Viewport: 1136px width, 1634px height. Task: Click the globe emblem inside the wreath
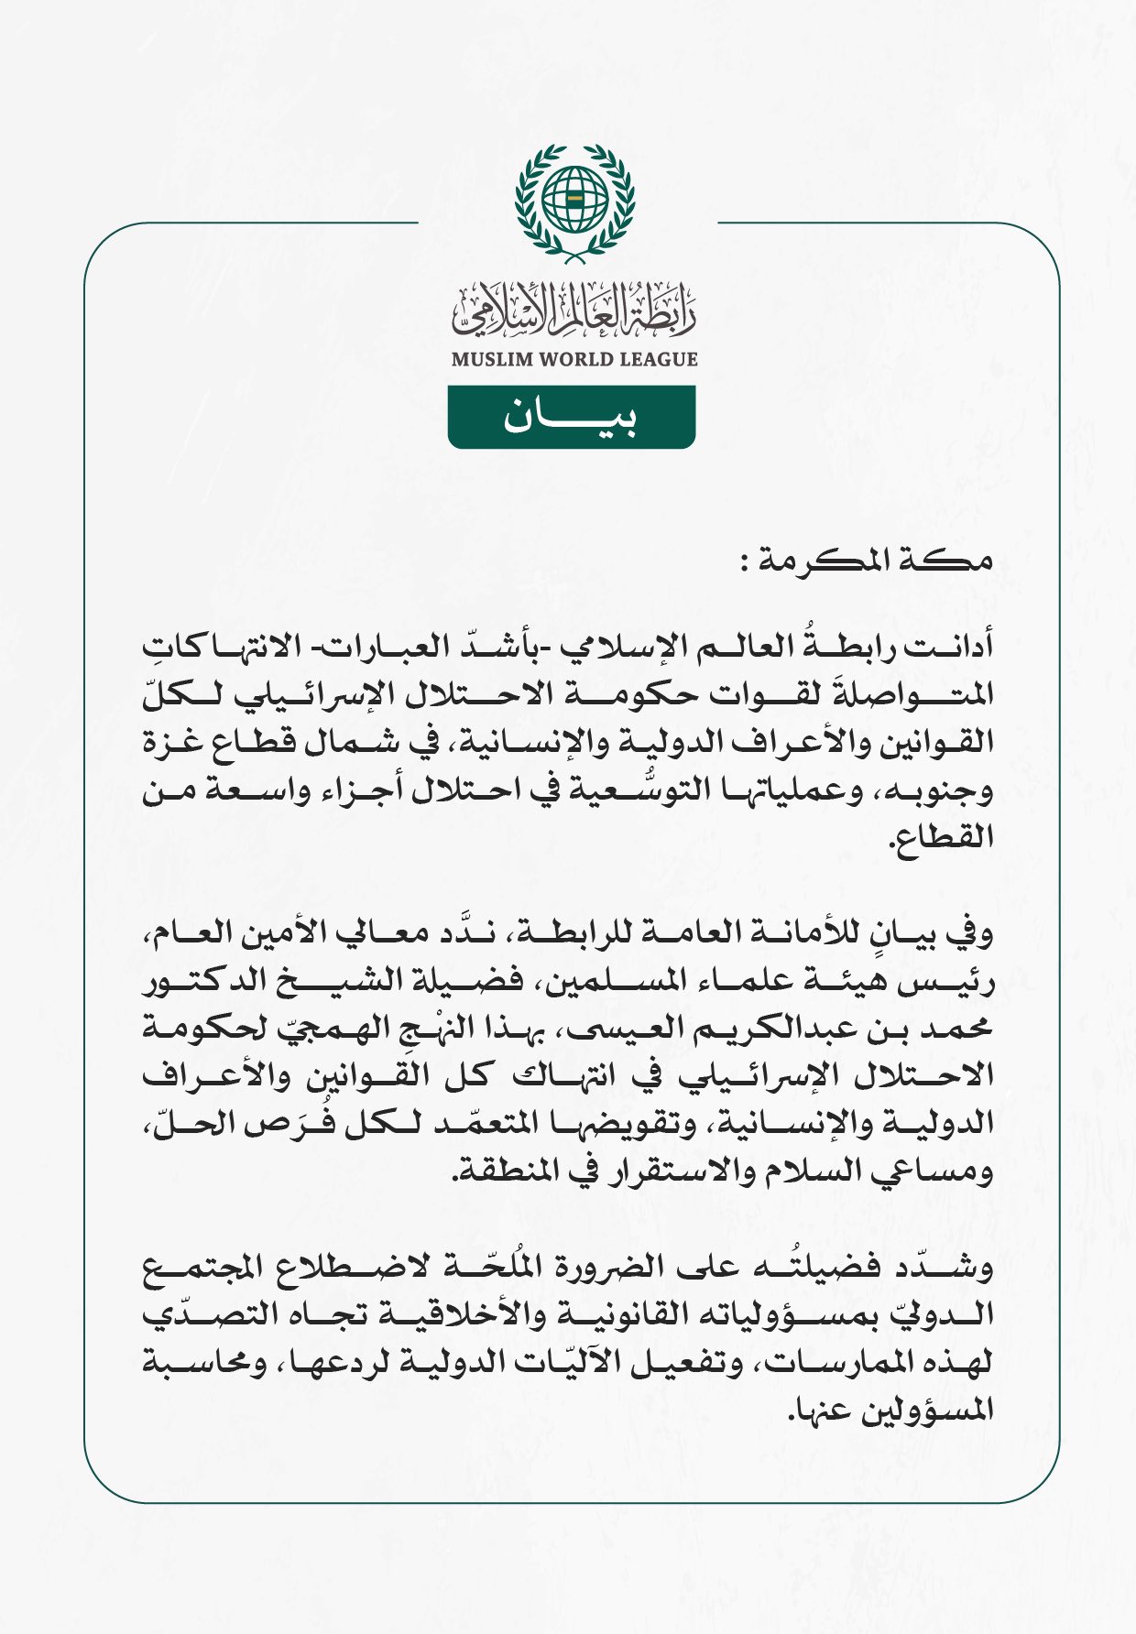tap(574, 199)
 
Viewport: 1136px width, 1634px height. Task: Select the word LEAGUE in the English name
tap(659, 360)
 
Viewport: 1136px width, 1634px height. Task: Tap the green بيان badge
tap(572, 418)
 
